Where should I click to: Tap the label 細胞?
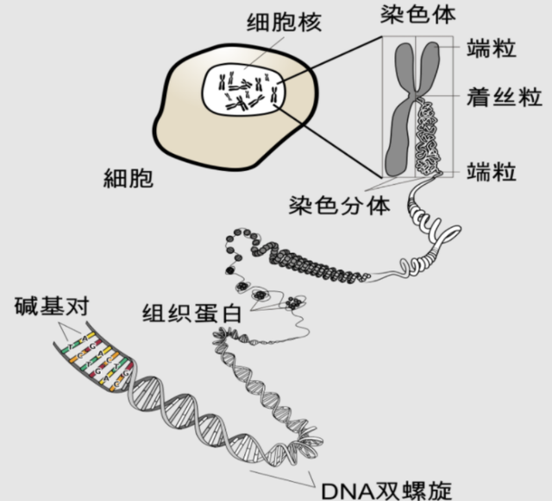[x=128, y=180]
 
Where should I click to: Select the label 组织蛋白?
[x=191, y=312]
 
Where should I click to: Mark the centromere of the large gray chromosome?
[x=416, y=97]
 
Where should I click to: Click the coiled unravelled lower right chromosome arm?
[x=428, y=138]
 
